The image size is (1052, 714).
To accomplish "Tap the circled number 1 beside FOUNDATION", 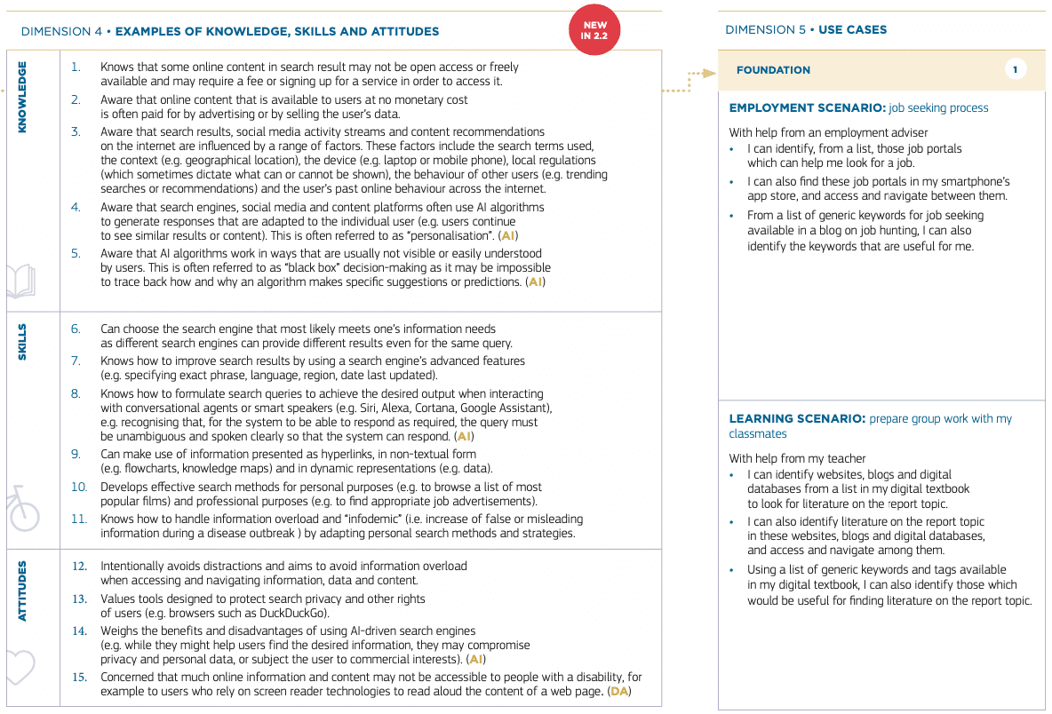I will pyautogui.click(x=1016, y=69).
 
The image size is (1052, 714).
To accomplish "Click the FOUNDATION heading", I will pyautogui.click(x=773, y=70).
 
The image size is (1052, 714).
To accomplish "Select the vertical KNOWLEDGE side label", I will pyautogui.click(x=22, y=97).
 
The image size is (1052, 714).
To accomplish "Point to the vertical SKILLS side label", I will pyautogui.click(x=22, y=342).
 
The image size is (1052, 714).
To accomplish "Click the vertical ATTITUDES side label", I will pyautogui.click(x=22, y=591).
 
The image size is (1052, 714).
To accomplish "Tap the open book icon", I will pyautogui.click(x=19, y=282).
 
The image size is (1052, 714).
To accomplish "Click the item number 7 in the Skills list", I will pyautogui.click(x=76, y=361).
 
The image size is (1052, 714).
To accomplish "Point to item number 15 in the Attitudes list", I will pyautogui.click(x=79, y=678).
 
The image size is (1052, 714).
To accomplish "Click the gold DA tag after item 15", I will pyautogui.click(x=619, y=692).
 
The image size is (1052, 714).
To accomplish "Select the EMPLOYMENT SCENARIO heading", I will pyautogui.click(x=807, y=107).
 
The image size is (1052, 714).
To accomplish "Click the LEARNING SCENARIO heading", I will pyautogui.click(x=796, y=418).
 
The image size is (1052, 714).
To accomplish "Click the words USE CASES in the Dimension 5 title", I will pyautogui.click(x=852, y=29).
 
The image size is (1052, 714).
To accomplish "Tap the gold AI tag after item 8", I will pyautogui.click(x=463, y=436).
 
